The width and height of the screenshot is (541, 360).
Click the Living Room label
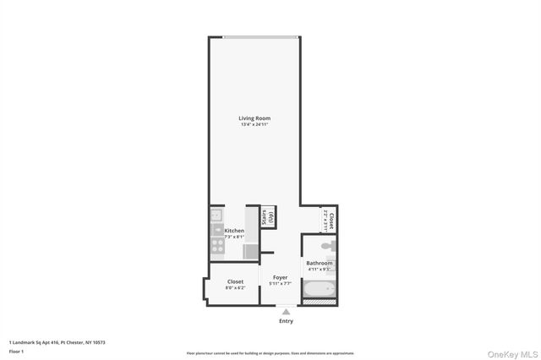254,117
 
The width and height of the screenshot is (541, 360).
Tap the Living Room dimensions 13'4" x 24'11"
254,125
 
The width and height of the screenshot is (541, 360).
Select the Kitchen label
234,231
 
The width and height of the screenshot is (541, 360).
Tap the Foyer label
280,276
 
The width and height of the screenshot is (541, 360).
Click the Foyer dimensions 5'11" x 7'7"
280,284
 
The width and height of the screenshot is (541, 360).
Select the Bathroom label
319,263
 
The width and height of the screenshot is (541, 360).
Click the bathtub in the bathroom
320,292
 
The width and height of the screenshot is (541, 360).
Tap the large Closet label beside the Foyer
235,281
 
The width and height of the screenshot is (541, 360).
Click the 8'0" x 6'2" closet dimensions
235,289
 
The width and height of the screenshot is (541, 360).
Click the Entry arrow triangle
286,312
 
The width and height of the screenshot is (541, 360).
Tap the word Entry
286,321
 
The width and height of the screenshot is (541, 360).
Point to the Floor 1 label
16,351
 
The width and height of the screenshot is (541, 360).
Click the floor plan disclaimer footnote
270,352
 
